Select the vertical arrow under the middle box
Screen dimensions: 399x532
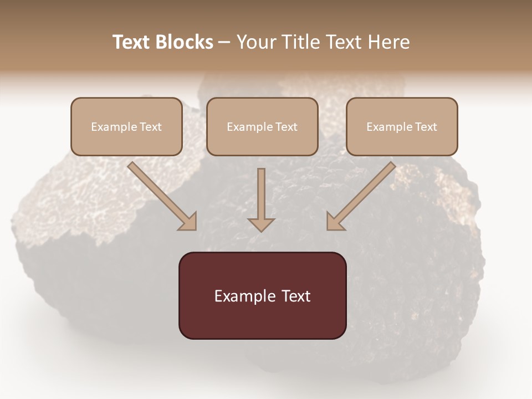[261, 197]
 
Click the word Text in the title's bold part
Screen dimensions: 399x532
[131, 42]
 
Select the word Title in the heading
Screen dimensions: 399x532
[303, 42]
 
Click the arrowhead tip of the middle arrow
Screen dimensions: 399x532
[261, 230]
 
